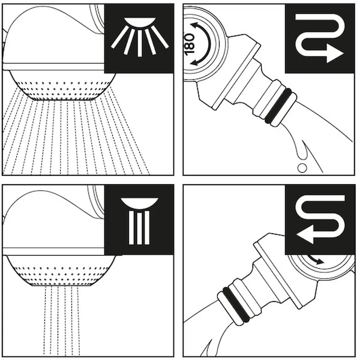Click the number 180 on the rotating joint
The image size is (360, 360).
click(x=189, y=44)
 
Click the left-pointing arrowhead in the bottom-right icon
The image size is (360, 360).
click(x=305, y=234)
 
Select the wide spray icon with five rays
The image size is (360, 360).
click(x=140, y=37)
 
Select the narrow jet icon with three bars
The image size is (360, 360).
click(x=139, y=221)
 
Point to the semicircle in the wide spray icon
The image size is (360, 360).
click(x=140, y=22)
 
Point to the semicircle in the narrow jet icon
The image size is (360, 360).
click(x=139, y=203)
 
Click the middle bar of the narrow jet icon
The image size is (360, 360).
click(x=139, y=229)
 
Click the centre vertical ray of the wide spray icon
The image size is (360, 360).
click(x=140, y=44)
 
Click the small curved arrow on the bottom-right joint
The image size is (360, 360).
click(x=316, y=259)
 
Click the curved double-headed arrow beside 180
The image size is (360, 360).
click(x=203, y=44)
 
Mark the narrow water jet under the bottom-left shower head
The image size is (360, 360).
click(x=62, y=321)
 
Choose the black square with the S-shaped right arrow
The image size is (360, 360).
click(x=320, y=38)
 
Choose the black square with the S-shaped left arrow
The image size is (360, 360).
click(x=320, y=220)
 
